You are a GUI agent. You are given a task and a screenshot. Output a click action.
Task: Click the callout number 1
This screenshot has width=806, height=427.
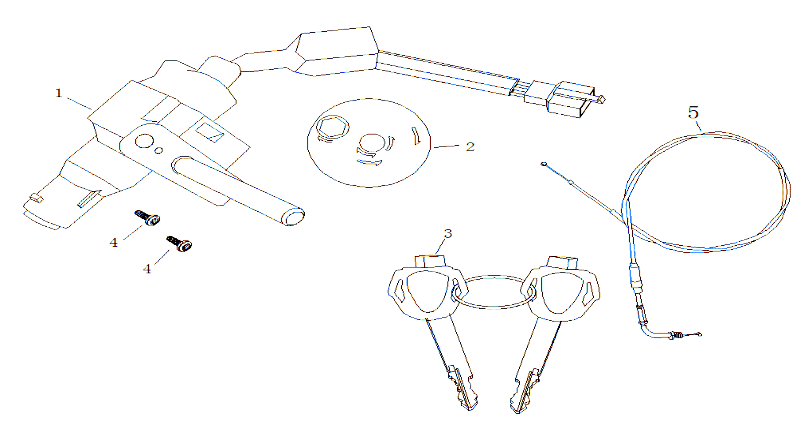tap(59, 93)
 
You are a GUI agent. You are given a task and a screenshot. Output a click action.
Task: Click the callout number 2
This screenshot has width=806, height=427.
tap(470, 146)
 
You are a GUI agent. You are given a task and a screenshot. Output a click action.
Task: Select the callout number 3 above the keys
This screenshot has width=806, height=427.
tap(448, 233)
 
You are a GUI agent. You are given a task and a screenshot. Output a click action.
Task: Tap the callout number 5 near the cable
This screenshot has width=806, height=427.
tap(694, 112)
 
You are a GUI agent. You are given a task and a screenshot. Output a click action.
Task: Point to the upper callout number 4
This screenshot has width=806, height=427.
tap(114, 243)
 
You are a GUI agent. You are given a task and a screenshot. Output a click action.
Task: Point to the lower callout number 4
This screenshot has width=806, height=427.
tap(147, 269)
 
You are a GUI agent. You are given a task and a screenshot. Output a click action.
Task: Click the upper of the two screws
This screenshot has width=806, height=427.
tap(147, 218)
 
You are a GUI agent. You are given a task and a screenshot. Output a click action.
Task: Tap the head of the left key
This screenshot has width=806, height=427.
tap(426, 289)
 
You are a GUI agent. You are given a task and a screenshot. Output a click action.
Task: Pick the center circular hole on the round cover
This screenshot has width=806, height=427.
tap(373, 144)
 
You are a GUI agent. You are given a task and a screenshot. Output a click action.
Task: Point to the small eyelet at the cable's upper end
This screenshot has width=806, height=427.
tap(544, 164)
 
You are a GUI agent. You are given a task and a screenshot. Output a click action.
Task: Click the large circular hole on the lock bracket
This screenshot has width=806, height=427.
tap(144, 141)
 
